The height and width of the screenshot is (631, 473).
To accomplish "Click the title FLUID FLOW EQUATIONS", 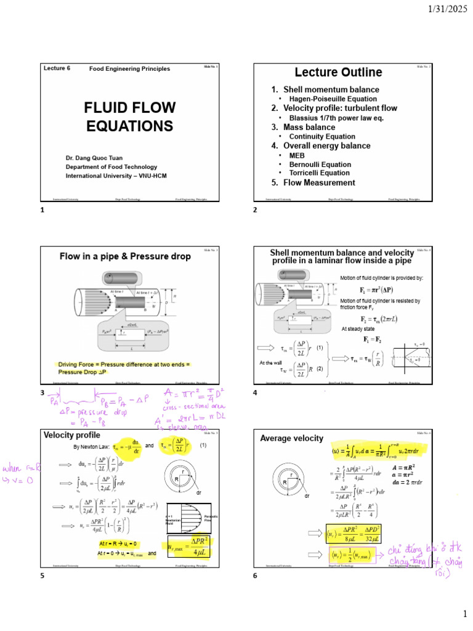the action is tap(129, 117).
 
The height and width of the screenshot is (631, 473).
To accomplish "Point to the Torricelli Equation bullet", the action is tap(320, 173).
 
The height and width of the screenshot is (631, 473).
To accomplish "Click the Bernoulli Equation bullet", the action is tap(320, 165).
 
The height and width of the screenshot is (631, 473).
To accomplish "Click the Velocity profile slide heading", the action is tap(68, 434).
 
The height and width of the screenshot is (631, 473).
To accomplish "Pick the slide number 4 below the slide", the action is tap(255, 393).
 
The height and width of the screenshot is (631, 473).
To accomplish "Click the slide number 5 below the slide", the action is tap(42, 576).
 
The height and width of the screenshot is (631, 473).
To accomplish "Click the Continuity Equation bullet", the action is tap(322, 136).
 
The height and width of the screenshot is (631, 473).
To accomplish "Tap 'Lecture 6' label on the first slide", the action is tap(57, 68).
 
